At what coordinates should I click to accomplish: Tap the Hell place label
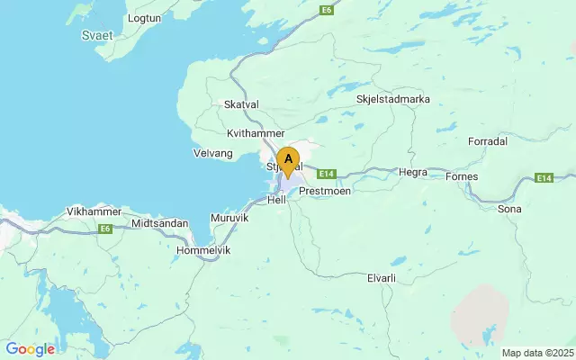point(276,200)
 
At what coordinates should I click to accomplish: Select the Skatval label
point(240,104)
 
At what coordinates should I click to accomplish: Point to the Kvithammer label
point(256,132)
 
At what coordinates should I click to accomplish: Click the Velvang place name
point(212,153)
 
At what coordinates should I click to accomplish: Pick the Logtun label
point(145,18)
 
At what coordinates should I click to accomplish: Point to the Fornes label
point(462,176)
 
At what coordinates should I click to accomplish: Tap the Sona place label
point(509,209)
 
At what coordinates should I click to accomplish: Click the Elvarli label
point(382,278)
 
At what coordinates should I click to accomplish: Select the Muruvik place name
point(229,219)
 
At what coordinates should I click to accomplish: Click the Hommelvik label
point(204,249)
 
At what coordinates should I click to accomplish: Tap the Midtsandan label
point(160,222)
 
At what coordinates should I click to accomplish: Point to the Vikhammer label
point(94,211)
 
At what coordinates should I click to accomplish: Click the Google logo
point(30,349)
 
